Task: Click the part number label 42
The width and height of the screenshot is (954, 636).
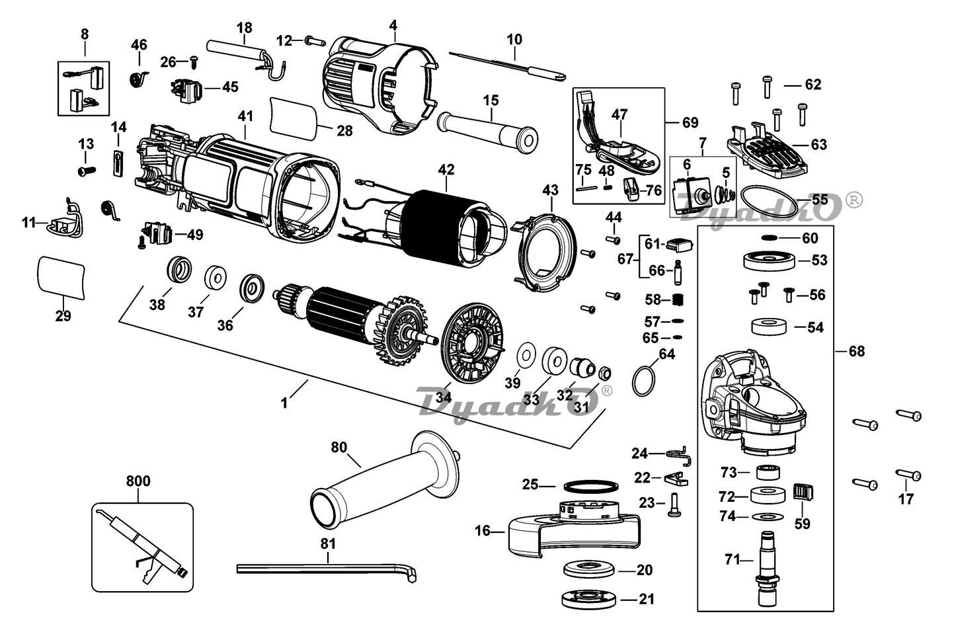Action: pos(446,169)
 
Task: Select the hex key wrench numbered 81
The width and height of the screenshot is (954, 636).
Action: pos(327,569)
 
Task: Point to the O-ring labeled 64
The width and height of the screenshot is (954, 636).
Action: pos(643,381)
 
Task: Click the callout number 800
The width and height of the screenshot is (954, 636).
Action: pos(138,481)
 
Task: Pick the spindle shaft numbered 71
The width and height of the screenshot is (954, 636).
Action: pos(768,569)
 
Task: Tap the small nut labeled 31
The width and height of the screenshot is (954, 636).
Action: pos(605,374)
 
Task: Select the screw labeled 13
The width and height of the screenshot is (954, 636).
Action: pos(87,171)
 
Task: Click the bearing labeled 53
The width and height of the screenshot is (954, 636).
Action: pos(770,260)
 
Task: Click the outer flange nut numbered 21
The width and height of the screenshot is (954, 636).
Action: pos(589,600)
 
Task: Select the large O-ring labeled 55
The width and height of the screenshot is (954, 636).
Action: pos(767,200)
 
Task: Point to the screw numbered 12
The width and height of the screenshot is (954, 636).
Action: pos(315,42)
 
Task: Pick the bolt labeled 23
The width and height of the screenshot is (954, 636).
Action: pos(673,505)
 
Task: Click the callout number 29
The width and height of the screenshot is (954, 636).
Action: pos(63,316)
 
